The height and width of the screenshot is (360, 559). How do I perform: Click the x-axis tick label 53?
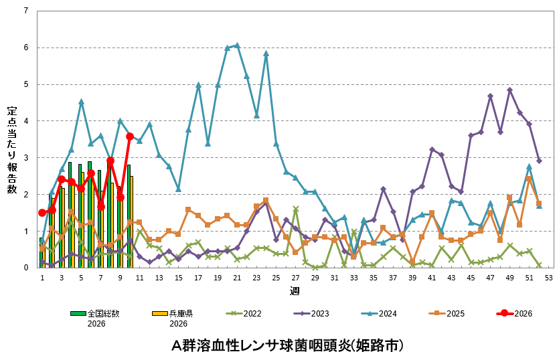click(548, 277)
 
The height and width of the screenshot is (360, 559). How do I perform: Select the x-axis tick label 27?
click(295, 277)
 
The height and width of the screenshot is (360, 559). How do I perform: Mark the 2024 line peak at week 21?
click(237, 46)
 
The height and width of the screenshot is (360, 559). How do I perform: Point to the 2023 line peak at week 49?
click(509, 90)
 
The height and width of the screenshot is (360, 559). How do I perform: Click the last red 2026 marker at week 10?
click(130, 137)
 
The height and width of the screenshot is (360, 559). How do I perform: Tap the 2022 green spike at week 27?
click(295, 209)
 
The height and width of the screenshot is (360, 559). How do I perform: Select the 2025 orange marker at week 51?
click(529, 179)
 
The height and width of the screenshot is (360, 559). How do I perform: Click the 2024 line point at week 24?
click(266, 54)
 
